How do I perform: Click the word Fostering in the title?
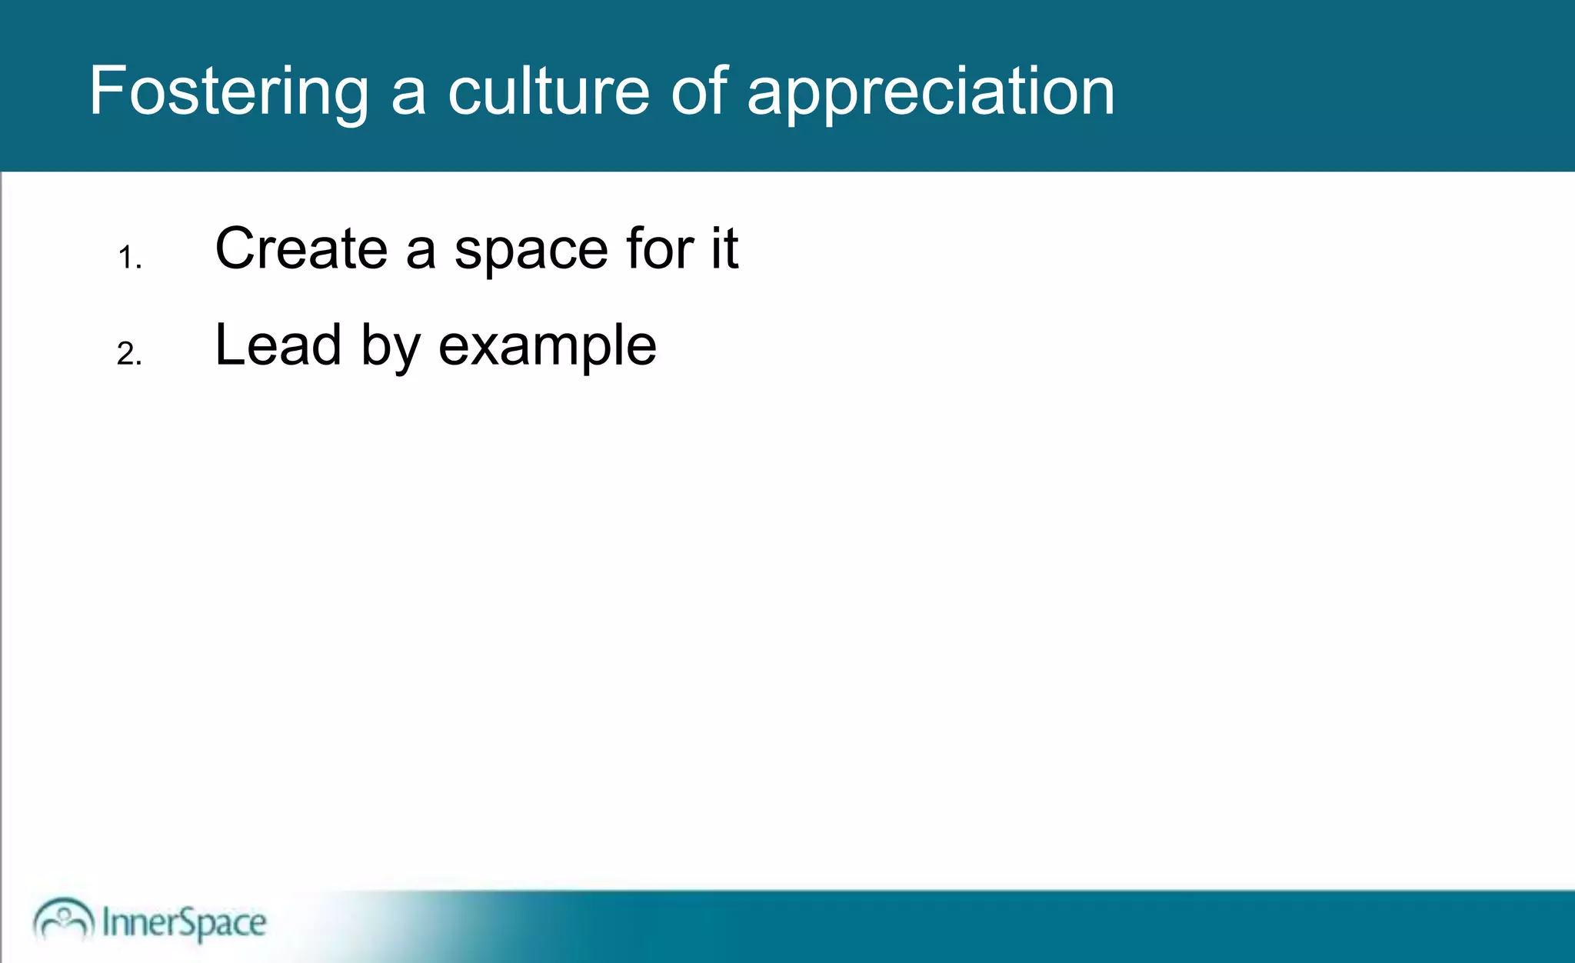pyautogui.click(x=228, y=92)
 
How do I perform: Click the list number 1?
pyautogui.click(x=129, y=258)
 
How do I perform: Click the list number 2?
pyautogui.click(x=129, y=354)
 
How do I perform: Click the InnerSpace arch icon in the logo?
pyautogui.click(x=63, y=919)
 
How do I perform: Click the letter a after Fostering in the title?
pyautogui.click(x=408, y=95)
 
